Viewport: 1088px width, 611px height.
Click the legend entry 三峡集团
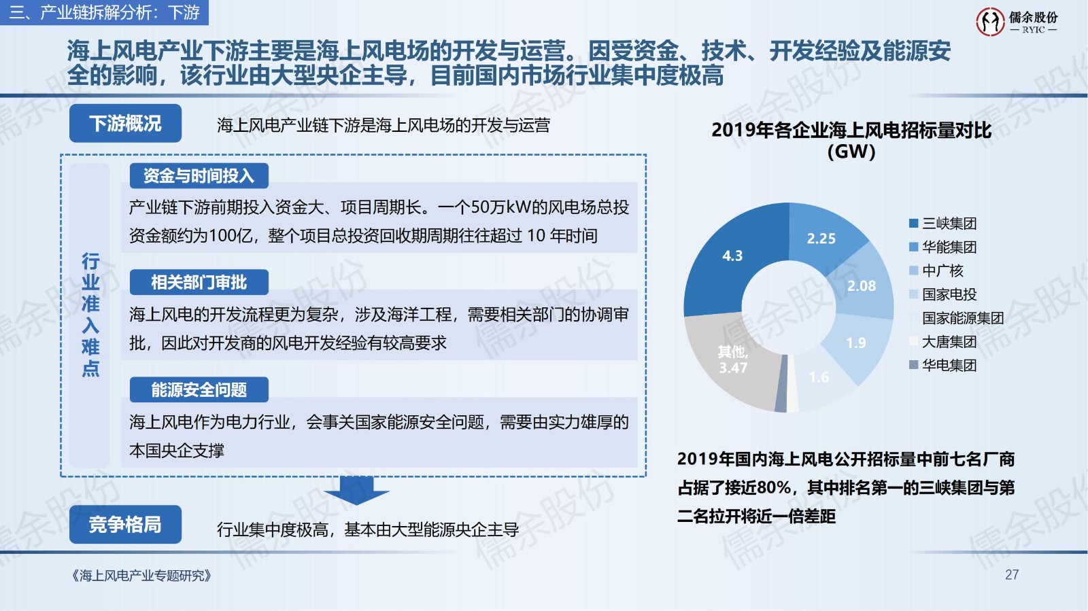coord(942,223)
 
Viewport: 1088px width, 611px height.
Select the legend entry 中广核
coord(936,270)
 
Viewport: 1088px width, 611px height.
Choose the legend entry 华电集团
coord(942,365)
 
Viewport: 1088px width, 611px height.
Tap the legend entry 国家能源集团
coord(956,318)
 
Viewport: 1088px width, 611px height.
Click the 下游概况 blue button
coord(125,123)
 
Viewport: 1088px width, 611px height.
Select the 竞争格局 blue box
coord(125,525)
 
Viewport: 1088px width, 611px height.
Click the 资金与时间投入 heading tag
coord(199,175)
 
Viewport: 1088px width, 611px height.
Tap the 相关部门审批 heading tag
coord(199,282)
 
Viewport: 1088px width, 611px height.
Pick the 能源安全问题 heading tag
coord(199,389)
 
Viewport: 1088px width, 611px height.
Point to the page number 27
coord(1012,575)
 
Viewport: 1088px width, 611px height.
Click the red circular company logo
coord(990,21)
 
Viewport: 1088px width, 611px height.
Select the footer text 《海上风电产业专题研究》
coord(141,576)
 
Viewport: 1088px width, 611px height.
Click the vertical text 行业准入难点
coord(90,315)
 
